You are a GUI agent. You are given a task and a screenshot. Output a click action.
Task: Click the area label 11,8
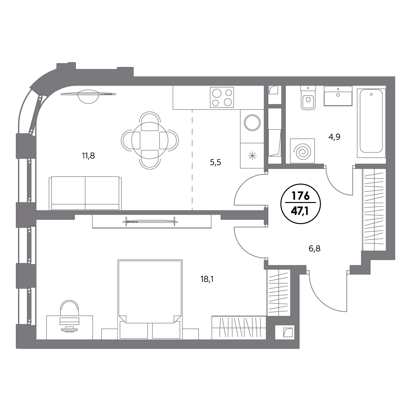(x=88, y=156)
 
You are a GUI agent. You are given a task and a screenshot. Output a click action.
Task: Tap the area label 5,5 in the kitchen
(x=215, y=163)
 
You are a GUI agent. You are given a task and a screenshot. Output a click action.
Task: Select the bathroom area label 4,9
(x=334, y=137)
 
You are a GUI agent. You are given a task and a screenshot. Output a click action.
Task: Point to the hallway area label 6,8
(x=315, y=249)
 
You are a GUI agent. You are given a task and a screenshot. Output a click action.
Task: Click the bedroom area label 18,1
(x=207, y=279)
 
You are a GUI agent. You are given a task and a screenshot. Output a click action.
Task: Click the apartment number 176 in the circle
(x=301, y=196)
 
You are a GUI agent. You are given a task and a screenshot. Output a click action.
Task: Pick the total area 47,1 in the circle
(x=301, y=212)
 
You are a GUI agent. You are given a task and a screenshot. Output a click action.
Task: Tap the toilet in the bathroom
(x=308, y=98)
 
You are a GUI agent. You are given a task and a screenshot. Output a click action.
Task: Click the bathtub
(x=371, y=123)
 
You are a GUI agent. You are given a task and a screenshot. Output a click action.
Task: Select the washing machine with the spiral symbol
(x=303, y=151)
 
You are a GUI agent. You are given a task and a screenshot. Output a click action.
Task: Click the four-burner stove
(x=222, y=97)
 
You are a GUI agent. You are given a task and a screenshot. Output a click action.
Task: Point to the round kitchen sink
(x=252, y=123)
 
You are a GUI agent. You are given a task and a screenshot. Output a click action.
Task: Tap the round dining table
(x=150, y=141)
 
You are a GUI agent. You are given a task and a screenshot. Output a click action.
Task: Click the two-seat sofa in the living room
(x=85, y=193)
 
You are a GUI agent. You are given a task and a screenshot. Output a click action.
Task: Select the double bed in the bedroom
(x=150, y=299)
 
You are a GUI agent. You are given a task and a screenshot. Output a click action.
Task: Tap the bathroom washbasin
(x=338, y=96)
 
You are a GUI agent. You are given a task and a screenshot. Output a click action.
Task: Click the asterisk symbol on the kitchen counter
(x=252, y=156)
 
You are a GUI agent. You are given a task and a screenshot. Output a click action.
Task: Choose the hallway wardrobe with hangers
(x=374, y=210)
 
